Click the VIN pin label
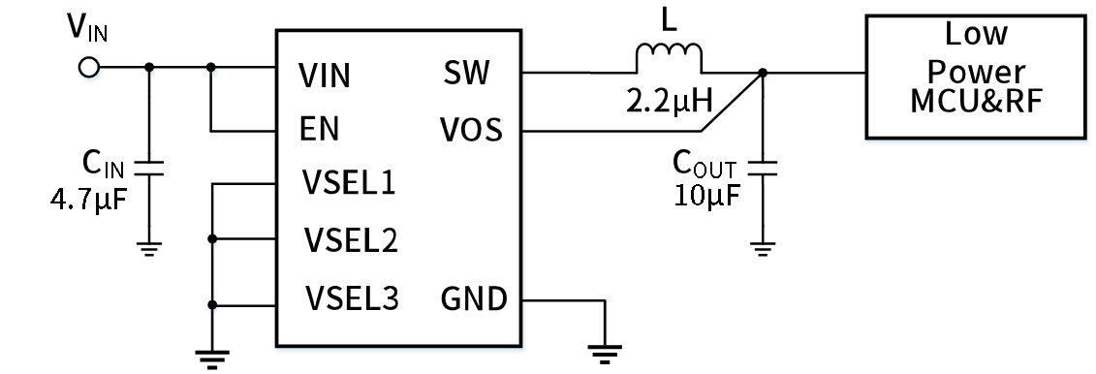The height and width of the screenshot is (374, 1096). pyautogui.click(x=325, y=76)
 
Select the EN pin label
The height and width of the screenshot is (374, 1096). pyautogui.click(x=319, y=130)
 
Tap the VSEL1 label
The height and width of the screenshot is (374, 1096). pyautogui.click(x=349, y=182)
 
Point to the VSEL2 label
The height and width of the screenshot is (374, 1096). pyautogui.click(x=351, y=239)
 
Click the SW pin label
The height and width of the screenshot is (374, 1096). pyautogui.click(x=466, y=73)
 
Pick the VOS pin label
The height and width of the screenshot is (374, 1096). pyautogui.click(x=471, y=130)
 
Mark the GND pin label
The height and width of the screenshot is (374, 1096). pyautogui.click(x=474, y=299)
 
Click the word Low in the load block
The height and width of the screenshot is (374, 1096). pyautogui.click(x=976, y=35)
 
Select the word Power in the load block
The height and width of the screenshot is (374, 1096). pyautogui.click(x=976, y=72)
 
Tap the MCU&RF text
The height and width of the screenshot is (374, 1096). pyautogui.click(x=976, y=101)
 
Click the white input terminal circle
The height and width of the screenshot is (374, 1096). pyautogui.click(x=89, y=69)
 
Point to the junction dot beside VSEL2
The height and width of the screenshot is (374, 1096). pyautogui.click(x=213, y=242)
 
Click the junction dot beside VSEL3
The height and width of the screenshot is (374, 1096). pyautogui.click(x=213, y=309)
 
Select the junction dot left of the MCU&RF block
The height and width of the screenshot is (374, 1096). pyautogui.click(x=763, y=75)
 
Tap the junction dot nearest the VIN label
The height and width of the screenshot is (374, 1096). pyautogui.click(x=213, y=71)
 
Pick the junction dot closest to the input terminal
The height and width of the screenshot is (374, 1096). pyautogui.click(x=149, y=71)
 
